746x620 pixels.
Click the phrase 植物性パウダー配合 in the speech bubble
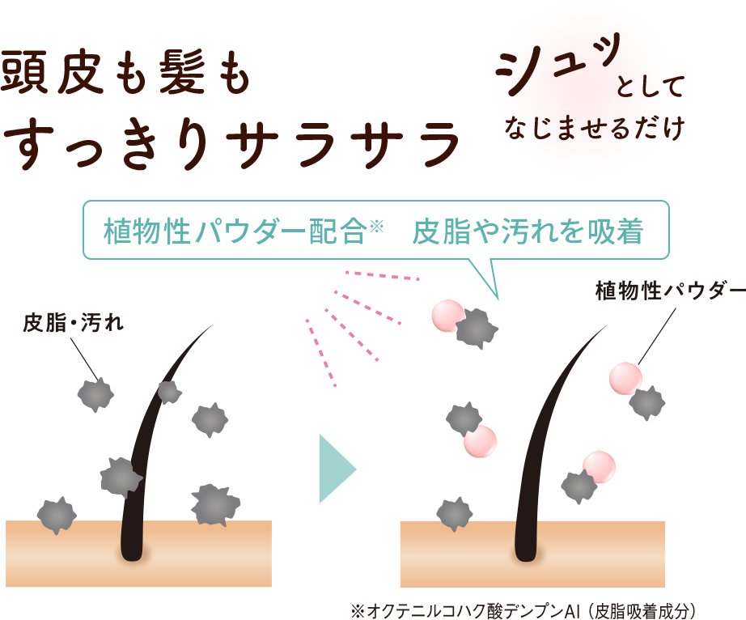coord(235,232)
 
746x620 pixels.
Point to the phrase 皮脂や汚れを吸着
coord(528,232)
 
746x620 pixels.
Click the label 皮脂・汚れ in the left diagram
coord(73,324)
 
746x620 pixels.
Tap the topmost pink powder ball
coord(447,316)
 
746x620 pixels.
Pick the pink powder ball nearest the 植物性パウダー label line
coord(625,378)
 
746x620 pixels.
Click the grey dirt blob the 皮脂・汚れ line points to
coord(95,393)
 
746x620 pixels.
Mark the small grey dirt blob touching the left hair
coord(168,392)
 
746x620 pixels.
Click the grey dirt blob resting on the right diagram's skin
coord(454,512)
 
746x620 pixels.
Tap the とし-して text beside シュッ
coord(651,87)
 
